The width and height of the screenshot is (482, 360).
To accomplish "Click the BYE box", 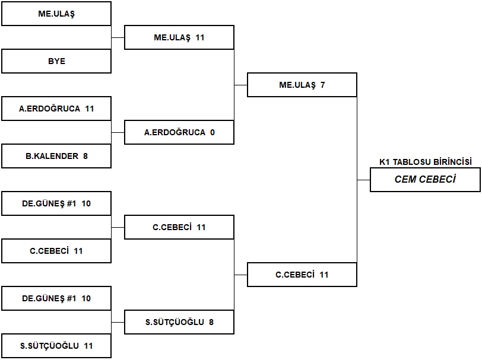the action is pyautogui.click(x=56, y=61).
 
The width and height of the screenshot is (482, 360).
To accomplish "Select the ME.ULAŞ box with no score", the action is pyautogui.click(x=56, y=14).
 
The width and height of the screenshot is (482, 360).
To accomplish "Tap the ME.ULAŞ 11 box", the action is pyautogui.click(x=179, y=37).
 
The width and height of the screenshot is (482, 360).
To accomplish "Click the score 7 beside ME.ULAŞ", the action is pyautogui.click(x=322, y=85).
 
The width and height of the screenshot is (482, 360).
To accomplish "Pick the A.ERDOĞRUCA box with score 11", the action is pyautogui.click(x=56, y=109).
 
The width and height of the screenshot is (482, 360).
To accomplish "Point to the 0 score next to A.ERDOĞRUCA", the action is pyautogui.click(x=213, y=132).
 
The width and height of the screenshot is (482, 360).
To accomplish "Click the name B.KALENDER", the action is pyautogui.click(x=52, y=156).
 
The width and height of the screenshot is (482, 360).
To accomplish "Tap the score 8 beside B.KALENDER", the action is pyautogui.click(x=85, y=156).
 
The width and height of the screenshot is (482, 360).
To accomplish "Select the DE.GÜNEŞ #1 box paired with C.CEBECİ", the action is pyautogui.click(x=56, y=203).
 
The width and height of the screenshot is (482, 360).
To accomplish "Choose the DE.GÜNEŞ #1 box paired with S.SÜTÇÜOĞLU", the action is pyautogui.click(x=56, y=298).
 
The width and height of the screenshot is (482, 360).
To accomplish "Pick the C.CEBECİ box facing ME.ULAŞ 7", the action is pyautogui.click(x=302, y=275).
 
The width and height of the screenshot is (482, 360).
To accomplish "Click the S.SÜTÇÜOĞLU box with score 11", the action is pyautogui.click(x=56, y=346).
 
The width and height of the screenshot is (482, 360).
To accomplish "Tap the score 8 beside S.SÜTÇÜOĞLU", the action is pyautogui.click(x=211, y=322).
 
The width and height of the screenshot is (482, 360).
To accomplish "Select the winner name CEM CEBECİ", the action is pyautogui.click(x=425, y=179).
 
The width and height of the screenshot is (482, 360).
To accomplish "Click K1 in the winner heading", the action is pyautogui.click(x=385, y=162).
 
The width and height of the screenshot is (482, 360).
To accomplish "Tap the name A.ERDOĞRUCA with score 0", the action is pyautogui.click(x=175, y=132).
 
